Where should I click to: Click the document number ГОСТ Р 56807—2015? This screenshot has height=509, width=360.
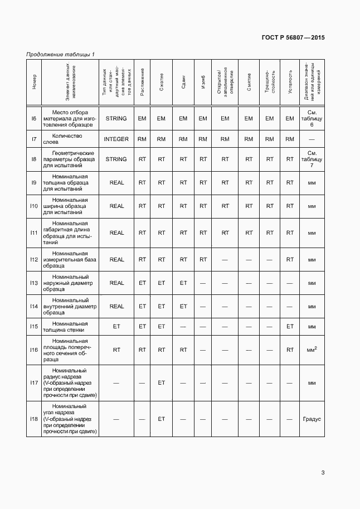click(293, 37)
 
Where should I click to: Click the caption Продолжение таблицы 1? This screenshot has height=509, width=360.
click(60, 54)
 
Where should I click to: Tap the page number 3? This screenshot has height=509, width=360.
click(323, 473)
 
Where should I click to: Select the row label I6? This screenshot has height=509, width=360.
click(33, 118)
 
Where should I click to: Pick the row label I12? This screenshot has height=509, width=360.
click(33, 259)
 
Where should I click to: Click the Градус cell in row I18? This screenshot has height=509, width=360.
click(312, 418)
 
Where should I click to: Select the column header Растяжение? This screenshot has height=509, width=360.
click(142, 81)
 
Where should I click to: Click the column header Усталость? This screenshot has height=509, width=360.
click(290, 81)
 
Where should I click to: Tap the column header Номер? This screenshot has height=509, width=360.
click(34, 81)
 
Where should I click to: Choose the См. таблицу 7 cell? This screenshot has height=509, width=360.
click(312, 159)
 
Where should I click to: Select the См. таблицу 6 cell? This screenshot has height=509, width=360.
click(312, 118)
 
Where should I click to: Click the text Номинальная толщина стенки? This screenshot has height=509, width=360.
click(67, 326)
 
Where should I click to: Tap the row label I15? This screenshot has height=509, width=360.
click(33, 326)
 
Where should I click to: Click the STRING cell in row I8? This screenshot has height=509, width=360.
click(116, 159)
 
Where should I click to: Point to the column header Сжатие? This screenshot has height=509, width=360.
click(161, 81)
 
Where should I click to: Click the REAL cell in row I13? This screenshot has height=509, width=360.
click(116, 283)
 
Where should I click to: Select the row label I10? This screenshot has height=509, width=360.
click(33, 206)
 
